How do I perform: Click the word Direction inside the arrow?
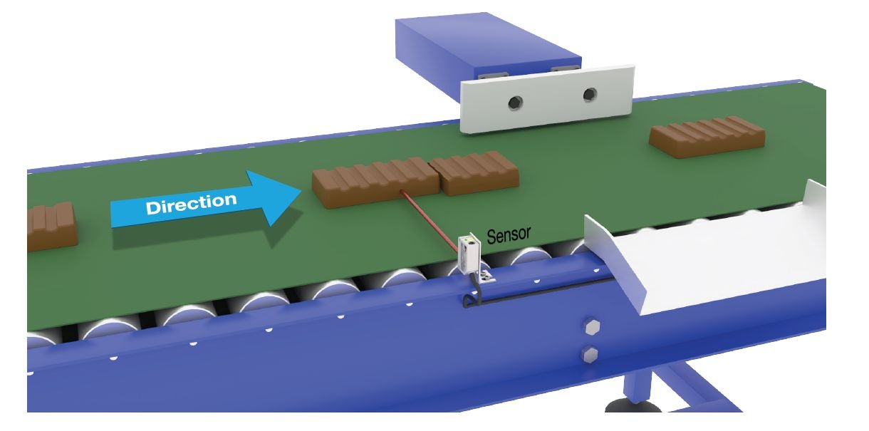click(192, 204)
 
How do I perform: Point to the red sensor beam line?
click(431, 217)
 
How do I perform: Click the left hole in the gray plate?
click(514, 103)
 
